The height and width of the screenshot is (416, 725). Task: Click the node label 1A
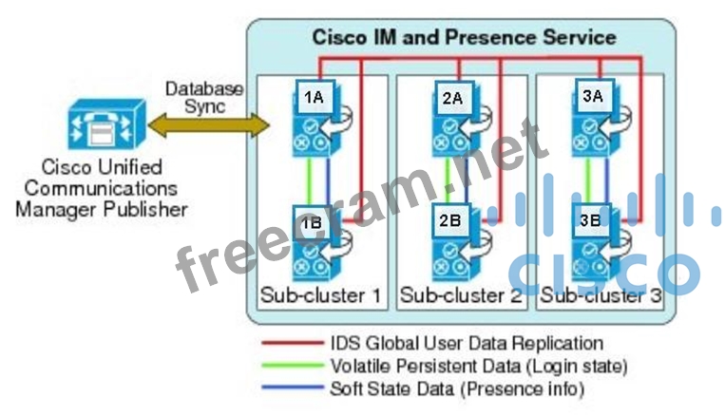[x=313, y=96]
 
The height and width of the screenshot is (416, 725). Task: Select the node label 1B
[x=312, y=222]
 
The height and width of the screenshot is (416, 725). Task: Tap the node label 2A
[x=452, y=96]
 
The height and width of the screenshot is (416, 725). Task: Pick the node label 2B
[x=450, y=220]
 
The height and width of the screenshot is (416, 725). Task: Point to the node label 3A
[x=591, y=95]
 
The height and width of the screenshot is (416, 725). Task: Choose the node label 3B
[x=590, y=220]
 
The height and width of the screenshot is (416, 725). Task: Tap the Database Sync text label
[x=204, y=97]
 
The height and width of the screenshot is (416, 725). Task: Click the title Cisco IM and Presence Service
[x=464, y=38]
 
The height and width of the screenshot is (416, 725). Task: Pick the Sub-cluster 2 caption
[x=462, y=295]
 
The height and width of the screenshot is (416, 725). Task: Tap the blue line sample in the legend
[x=290, y=388]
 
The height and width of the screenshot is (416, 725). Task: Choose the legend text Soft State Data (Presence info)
[x=457, y=388]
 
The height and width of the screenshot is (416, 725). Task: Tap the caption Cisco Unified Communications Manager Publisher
[x=101, y=188]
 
